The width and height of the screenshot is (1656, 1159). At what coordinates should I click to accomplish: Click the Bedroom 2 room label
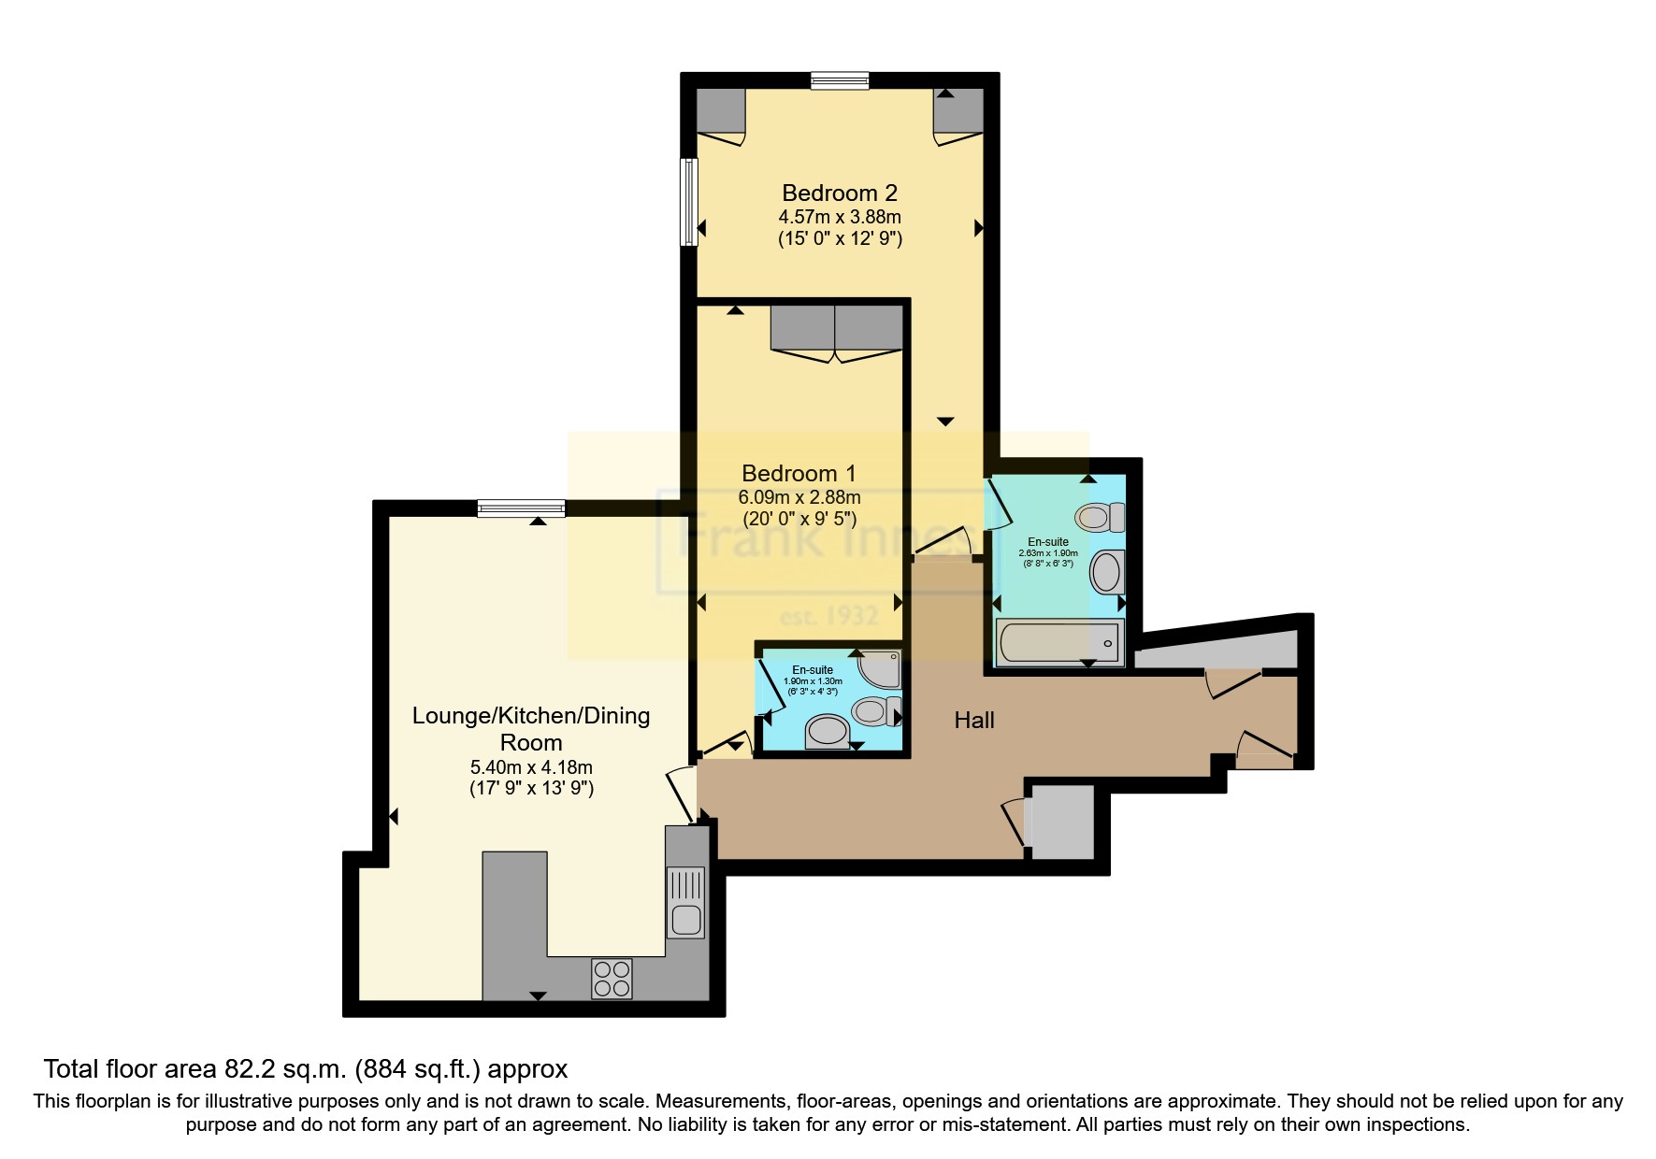tap(839, 193)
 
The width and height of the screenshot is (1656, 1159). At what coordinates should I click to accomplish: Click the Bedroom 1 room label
tap(798, 473)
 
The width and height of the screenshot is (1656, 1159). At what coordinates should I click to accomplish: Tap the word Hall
tap(973, 720)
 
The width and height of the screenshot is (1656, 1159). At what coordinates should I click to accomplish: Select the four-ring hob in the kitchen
tap(612, 979)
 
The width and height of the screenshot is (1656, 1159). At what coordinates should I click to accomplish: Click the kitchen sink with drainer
tap(684, 903)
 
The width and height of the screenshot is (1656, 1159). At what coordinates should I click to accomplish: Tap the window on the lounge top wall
tap(521, 508)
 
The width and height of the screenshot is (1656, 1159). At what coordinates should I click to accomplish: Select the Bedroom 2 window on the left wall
tap(688, 202)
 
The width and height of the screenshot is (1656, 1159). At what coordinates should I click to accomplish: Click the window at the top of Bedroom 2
tap(839, 80)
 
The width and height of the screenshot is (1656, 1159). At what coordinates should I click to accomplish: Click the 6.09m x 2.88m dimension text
tap(799, 497)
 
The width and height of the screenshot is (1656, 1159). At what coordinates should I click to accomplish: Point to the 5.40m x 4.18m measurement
tap(531, 767)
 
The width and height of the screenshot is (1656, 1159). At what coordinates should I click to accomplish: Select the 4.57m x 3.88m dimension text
tap(839, 217)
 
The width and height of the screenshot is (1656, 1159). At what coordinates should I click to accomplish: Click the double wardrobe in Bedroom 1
tap(836, 328)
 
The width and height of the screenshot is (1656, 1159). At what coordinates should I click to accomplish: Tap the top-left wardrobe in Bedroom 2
tap(720, 111)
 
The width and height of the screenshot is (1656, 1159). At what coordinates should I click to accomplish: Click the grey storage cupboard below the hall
tap(1060, 822)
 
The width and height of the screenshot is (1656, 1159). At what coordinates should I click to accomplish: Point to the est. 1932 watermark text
tap(828, 616)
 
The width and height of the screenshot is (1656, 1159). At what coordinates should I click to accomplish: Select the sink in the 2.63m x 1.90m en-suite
tap(1106, 571)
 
